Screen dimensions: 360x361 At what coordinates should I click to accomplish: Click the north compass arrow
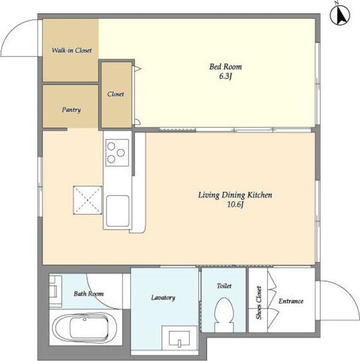pos(340,15)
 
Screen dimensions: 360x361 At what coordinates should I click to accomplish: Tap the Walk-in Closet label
pos(71,50)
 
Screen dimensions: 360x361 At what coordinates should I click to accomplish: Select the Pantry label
pos(71,109)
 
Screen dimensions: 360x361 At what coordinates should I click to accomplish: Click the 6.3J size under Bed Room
pos(225,76)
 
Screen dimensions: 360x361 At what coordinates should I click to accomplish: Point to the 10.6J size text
pos(235,204)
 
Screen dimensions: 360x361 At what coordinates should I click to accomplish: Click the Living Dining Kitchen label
pos(235,195)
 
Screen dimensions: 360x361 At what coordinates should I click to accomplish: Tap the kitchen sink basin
pos(118,211)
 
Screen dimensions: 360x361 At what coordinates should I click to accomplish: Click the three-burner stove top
pos(117,153)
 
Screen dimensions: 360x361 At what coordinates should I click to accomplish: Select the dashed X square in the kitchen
pos(88,200)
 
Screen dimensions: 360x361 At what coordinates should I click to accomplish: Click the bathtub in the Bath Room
pos(85,328)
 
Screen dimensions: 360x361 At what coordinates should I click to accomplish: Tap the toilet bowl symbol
pos(224,314)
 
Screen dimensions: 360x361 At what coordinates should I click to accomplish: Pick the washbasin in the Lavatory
pos(179,338)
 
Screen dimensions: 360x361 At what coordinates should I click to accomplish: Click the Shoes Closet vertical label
pos(259,303)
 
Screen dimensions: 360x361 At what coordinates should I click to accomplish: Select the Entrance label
pos(291,301)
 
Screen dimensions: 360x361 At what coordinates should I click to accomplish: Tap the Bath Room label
pos(89,294)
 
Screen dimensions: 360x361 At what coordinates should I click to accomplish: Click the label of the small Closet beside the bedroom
pos(115,94)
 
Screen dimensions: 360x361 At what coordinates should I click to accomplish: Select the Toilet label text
pos(224,286)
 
